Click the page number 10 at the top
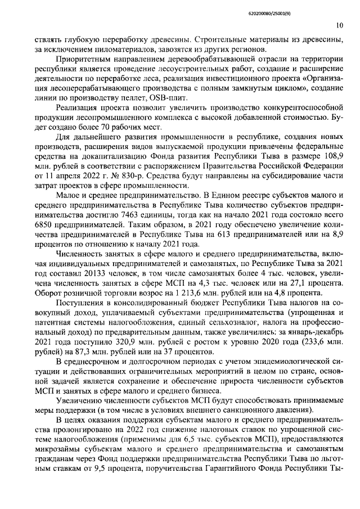point(340,25)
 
